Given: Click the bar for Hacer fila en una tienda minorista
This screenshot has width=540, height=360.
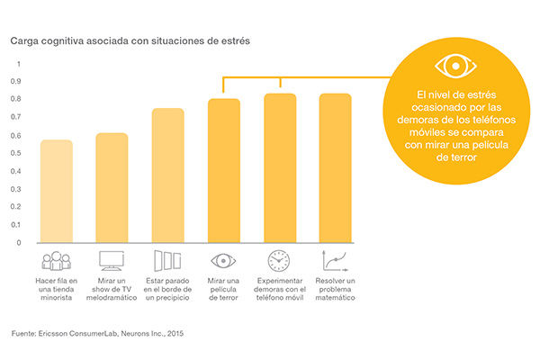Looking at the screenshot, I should [57, 191].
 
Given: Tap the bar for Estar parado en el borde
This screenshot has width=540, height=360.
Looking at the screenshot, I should [168, 175].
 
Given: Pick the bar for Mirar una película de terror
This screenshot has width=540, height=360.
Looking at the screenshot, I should [224, 170].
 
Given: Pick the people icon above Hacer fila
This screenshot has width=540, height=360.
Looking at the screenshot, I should [57, 261].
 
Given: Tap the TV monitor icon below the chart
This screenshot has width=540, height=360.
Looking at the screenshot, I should [112, 261].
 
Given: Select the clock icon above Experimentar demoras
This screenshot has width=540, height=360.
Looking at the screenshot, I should [280, 261].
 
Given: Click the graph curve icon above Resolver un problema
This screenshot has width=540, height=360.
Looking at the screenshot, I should [336, 261].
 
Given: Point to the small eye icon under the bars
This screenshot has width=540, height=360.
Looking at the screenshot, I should [224, 261].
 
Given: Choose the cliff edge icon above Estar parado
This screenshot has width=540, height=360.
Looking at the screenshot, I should [168, 261].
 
